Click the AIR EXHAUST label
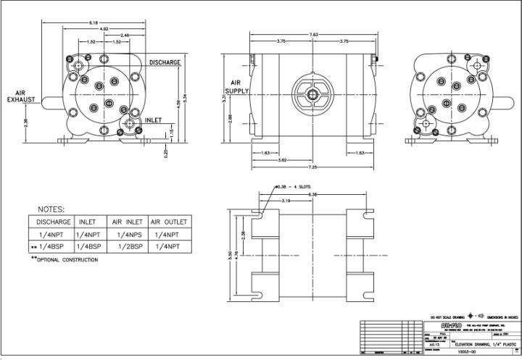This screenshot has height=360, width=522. coord(20,96)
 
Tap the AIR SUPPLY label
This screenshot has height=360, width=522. coord(236,87)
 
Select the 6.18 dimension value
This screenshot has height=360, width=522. coord(94,22)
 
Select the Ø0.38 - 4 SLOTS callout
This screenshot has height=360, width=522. coord(294,187)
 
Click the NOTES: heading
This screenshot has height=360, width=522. coord(47,209)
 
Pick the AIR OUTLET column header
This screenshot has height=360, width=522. coord(169,221)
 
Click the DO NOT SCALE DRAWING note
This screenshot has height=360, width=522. coord(447,317)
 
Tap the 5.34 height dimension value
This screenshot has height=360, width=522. coord(186,99)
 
